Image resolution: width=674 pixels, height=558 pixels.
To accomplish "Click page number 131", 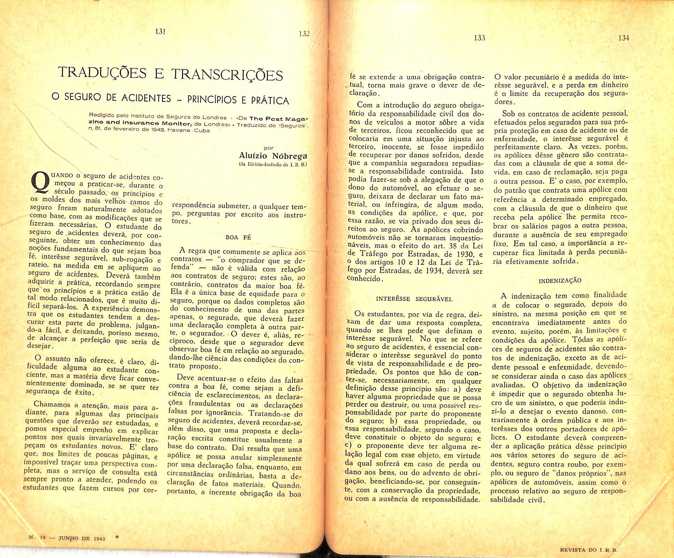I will pyautogui.click(x=160, y=31).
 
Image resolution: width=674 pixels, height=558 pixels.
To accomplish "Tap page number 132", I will pyautogui.click(x=304, y=34).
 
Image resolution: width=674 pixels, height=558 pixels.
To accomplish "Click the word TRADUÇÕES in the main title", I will pyautogui.click(x=102, y=72).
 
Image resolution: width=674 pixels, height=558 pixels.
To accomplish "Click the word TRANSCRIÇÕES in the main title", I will pyautogui.click(x=227, y=75).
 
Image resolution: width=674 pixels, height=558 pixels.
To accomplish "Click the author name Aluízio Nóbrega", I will pyautogui.click(x=273, y=156).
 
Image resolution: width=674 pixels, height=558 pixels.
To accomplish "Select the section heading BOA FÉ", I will pyautogui.click(x=238, y=237).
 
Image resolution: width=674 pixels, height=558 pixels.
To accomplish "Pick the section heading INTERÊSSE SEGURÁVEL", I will pyautogui.click(x=414, y=299).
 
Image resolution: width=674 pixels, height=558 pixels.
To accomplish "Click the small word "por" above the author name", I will pyautogui.click(x=269, y=148).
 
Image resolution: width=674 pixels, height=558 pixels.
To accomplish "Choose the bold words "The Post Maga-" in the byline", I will pyautogui.click(x=279, y=119).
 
